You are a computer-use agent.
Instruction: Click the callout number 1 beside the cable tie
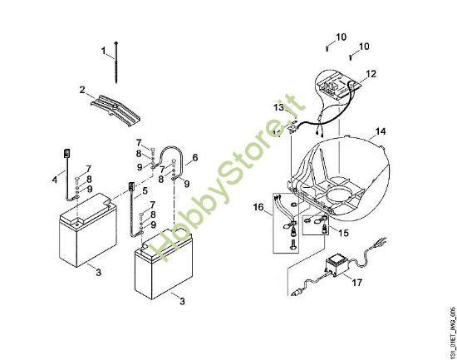tap(104, 51)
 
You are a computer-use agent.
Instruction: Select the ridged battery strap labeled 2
tap(115, 109)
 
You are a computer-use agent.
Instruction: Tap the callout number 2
tap(82, 90)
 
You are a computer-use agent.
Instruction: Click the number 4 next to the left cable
tap(55, 180)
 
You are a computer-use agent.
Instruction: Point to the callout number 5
tap(145, 190)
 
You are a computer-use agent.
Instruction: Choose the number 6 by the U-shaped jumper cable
tap(195, 157)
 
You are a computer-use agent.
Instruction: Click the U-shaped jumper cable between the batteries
tap(170, 159)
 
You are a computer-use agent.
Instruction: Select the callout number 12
tap(371, 74)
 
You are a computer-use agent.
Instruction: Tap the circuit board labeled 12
tap(340, 86)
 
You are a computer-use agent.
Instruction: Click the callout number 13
tap(278, 107)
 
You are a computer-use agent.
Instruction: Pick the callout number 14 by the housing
tap(380, 131)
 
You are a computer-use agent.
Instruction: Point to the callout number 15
tap(344, 233)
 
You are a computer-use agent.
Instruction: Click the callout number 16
tap(258, 207)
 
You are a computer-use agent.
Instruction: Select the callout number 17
tap(357, 283)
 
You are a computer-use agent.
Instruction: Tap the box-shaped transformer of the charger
tap(337, 265)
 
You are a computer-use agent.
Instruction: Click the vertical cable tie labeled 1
tap(116, 62)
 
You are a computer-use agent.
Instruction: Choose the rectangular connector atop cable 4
tap(66, 153)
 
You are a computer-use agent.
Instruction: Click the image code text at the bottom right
tap(453, 333)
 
